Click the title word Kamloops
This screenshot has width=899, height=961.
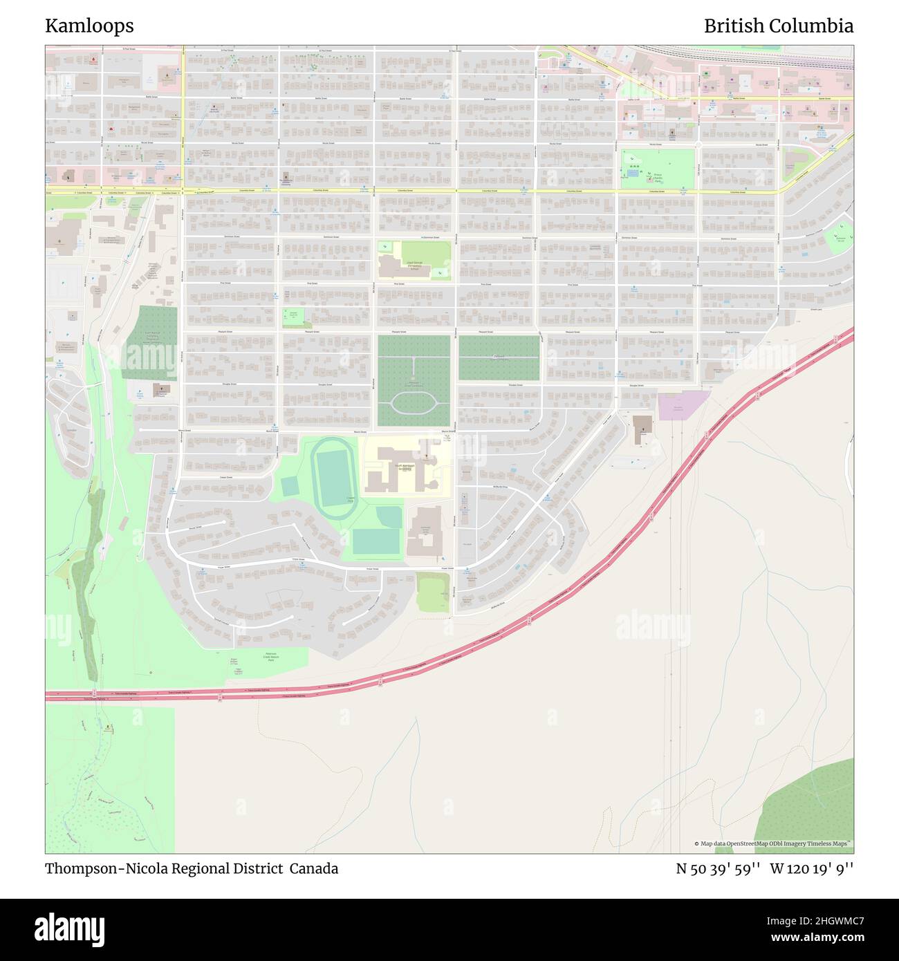pyautogui.click(x=89, y=26)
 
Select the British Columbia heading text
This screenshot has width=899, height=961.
pyautogui.click(x=778, y=26)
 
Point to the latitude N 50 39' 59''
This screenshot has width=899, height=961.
pyautogui.click(x=719, y=868)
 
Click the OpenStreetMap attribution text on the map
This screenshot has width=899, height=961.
pyautogui.click(x=774, y=843)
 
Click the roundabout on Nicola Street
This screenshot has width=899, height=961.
pyautogui.click(x=697, y=144)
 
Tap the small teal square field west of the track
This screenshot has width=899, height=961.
pyautogui.click(x=290, y=486)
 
